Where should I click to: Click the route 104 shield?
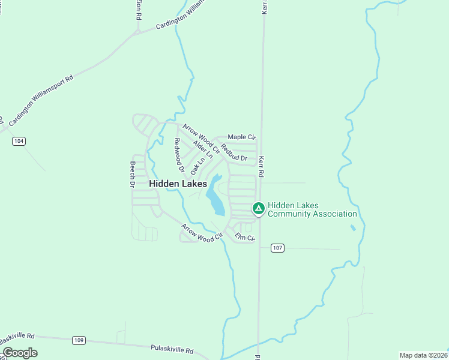coord(19,141)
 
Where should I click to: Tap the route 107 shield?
coord(277,248)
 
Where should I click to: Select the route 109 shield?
coord(79,340)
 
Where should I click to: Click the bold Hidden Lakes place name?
coord(178,184)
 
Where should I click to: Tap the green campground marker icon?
coord(258,209)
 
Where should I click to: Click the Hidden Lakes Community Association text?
coord(312,209)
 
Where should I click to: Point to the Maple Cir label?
coord(242,137)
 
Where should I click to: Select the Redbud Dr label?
coord(234,153)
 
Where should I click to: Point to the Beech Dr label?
coord(133,175)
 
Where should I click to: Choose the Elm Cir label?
coord(245,238)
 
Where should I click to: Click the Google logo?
coord(20,353)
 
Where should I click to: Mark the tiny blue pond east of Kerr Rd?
coord(352,228)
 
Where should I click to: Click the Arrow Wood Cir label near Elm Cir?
coord(202,233)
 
